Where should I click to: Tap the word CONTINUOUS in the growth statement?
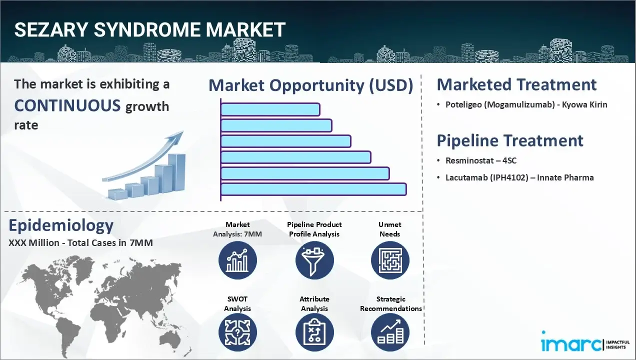[67, 105]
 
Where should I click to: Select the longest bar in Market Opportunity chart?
[313, 189]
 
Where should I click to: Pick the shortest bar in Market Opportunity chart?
[270, 109]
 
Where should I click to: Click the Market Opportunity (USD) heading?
[310, 85]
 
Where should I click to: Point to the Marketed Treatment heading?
[516, 84]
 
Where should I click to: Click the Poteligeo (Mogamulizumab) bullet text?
[526, 105]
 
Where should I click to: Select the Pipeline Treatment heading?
[510, 140]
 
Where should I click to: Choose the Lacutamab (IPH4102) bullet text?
[519, 177]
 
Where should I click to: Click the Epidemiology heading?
[61, 225]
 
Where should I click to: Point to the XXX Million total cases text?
[80, 243]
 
